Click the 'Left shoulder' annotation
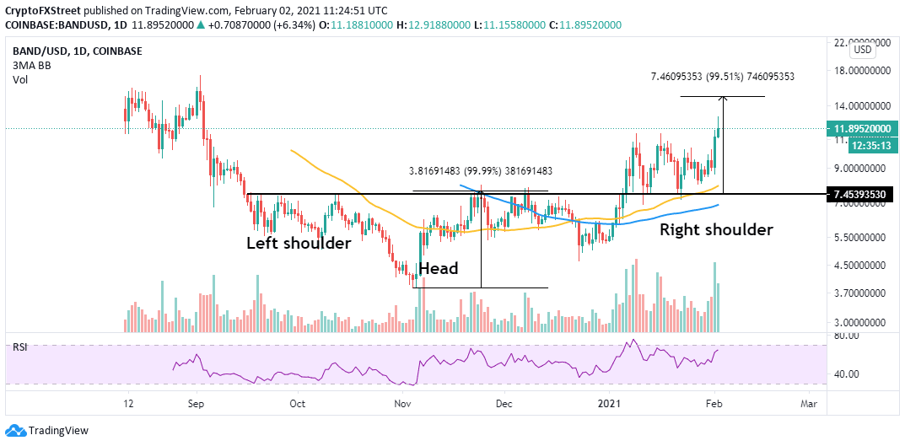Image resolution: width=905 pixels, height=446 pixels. pyautogui.click(x=298, y=244)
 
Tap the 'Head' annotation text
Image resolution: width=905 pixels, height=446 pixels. pyautogui.click(x=438, y=269)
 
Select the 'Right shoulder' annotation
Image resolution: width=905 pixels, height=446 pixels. pyautogui.click(x=716, y=229)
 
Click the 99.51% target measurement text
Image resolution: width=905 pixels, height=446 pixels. pyautogui.click(x=723, y=77)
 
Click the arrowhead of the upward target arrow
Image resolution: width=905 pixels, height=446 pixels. pyautogui.click(x=723, y=99)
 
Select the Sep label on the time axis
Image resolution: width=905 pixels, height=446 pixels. pyautogui.click(x=196, y=404)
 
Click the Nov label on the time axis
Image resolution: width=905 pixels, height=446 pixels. pyautogui.click(x=401, y=404)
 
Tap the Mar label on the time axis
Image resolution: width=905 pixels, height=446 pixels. pyautogui.click(x=809, y=404)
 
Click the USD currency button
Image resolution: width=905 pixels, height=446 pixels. pyautogui.click(x=863, y=50)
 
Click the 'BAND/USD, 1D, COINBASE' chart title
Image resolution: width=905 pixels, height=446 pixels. pyautogui.click(x=76, y=51)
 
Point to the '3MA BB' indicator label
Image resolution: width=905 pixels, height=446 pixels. pyautogui.click(x=29, y=65)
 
